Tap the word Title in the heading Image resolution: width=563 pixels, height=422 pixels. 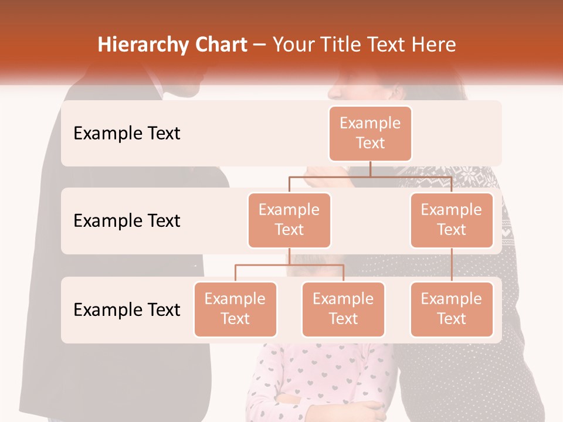(x=338, y=45)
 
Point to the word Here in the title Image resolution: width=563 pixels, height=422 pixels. (x=434, y=45)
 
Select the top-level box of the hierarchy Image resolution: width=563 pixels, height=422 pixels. (x=370, y=134)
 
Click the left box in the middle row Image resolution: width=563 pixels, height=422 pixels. (x=289, y=220)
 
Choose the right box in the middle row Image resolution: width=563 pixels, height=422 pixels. (x=452, y=220)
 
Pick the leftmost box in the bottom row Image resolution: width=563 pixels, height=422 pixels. (x=235, y=309)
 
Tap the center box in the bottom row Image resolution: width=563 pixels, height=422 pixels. (x=343, y=309)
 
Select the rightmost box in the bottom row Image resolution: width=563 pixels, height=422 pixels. (x=452, y=309)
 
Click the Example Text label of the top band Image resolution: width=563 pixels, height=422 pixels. (x=127, y=134)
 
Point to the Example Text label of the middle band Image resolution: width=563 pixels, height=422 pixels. (x=127, y=221)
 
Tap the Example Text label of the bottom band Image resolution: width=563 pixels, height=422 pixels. (x=127, y=309)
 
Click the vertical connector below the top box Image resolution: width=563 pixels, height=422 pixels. (x=370, y=169)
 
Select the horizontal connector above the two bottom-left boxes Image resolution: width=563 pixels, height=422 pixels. (x=289, y=265)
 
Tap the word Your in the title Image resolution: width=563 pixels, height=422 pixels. (x=291, y=45)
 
